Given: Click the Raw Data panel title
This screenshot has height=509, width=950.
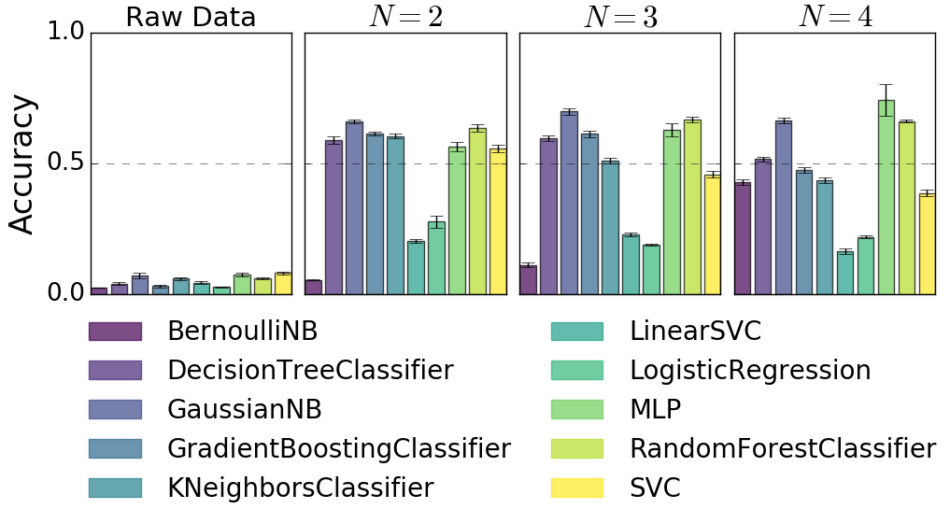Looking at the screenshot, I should point(191,17).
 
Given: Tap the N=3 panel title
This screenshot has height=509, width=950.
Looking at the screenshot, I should point(619,17).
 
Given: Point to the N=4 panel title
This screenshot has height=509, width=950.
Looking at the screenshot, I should point(834,17).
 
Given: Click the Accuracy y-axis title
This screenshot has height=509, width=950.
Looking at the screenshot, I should point(22,163).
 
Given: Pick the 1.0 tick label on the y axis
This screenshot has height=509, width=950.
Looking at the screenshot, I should point(65,34).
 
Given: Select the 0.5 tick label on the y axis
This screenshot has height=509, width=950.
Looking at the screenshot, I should point(65,163).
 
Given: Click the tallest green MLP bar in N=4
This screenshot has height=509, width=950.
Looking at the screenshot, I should point(886,198).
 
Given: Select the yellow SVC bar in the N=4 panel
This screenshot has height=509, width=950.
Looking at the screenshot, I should point(928,244).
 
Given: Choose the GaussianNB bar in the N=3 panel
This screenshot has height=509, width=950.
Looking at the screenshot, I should point(569,203).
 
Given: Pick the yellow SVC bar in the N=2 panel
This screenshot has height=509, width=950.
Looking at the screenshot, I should point(498,221).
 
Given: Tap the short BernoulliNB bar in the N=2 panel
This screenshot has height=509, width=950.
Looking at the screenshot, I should point(314,288).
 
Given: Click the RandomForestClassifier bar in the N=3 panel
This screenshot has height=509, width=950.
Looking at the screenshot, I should point(692,207).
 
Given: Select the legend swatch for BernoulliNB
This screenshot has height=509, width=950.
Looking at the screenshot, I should point(115,332).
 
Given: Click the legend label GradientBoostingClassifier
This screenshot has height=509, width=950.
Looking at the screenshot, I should point(339,449).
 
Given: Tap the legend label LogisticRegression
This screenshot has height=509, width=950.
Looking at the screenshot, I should point(750,371).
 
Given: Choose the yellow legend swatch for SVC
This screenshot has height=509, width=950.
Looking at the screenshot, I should point(577,488).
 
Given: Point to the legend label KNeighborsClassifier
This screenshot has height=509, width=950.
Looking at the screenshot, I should point(300,488).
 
